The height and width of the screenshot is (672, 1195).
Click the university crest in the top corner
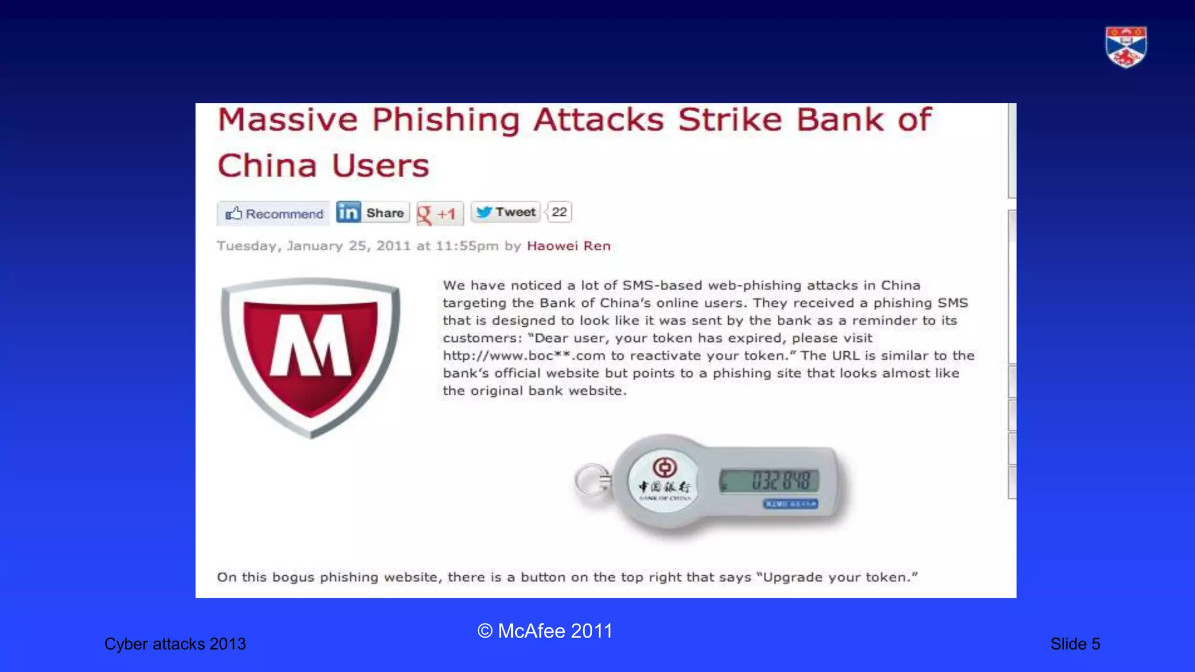(1126, 47)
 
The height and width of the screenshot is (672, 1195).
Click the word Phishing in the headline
(446, 120)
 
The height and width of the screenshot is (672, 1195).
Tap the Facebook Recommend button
(274, 213)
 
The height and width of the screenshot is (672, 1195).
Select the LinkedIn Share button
(372, 212)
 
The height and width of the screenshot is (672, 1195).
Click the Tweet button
(505, 212)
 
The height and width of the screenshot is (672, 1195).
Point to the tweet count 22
(559, 212)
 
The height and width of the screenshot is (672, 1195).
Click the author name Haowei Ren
(568, 246)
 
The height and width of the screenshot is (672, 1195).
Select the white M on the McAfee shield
(311, 345)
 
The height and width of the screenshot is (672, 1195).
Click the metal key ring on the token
(591, 480)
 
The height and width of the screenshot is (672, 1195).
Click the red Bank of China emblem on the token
(665, 467)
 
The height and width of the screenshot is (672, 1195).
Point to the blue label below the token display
(791, 503)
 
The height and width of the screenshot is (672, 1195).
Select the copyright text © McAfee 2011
(545, 631)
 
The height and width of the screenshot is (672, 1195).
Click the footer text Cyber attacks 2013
(175, 644)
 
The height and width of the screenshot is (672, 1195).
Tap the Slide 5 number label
(1075, 644)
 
